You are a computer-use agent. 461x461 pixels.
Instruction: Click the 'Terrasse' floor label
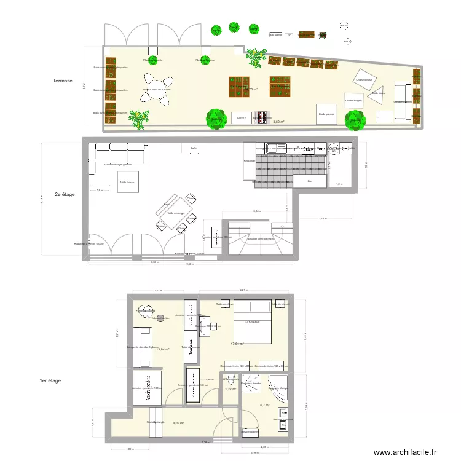pos(63,81)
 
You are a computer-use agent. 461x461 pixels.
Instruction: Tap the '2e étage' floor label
pos(65,195)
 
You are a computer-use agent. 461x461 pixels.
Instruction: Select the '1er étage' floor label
pos(51,380)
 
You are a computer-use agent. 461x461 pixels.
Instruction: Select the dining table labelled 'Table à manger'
pos(175,213)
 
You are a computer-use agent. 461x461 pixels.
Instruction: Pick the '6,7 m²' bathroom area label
pos(266,405)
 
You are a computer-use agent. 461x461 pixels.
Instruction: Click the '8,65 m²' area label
pos(178,423)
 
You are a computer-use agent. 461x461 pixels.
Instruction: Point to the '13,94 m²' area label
pos(162,349)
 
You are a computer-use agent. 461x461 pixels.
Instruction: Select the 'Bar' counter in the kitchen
pos(310,181)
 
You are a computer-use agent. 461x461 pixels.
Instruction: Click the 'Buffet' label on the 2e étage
pos(194,148)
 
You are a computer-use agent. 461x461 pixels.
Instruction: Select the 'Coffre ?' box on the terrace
pos(241,117)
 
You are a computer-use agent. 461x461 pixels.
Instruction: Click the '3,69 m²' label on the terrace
pos(278,122)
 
